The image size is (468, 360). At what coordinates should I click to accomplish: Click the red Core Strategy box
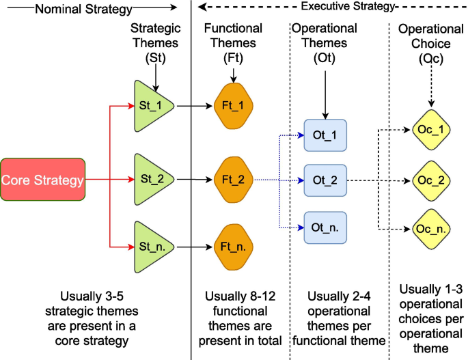(43, 180)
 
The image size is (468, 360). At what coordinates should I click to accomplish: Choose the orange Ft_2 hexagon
(234, 180)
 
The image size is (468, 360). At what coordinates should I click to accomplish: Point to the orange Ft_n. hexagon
(234, 245)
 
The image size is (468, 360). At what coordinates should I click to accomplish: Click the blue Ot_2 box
(325, 180)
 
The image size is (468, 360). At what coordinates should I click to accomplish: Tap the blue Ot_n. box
(325, 226)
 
